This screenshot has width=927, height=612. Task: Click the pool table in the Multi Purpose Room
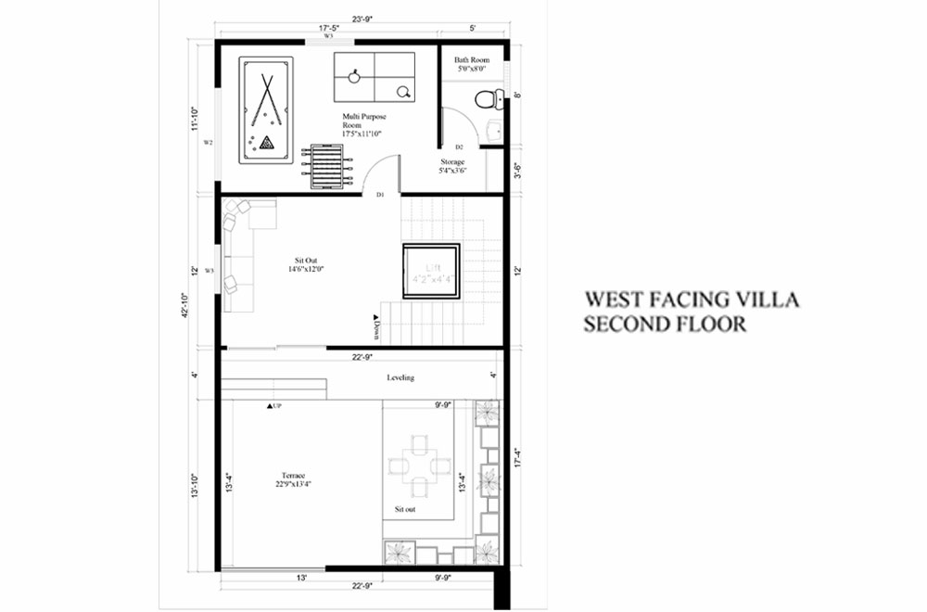click(x=267, y=110)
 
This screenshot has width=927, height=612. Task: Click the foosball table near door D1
click(x=333, y=166)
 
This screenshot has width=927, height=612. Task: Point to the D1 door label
click(x=380, y=195)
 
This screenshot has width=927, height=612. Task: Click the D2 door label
click(x=459, y=147)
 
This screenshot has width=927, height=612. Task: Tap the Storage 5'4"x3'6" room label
click(x=452, y=166)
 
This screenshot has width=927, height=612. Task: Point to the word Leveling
click(x=400, y=377)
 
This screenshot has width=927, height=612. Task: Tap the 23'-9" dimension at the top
click(x=362, y=17)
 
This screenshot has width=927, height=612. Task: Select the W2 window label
click(x=209, y=143)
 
